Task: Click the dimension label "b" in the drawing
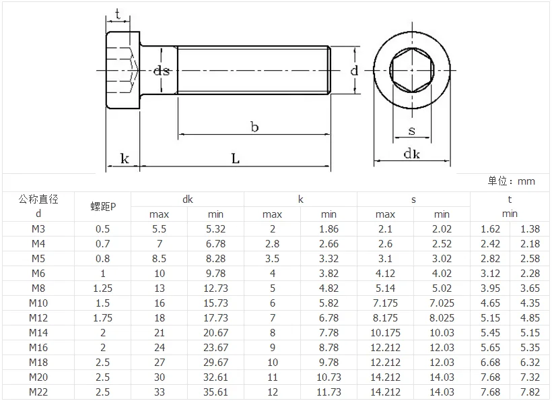254,127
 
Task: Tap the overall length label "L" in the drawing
236,158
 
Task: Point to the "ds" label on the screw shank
161,70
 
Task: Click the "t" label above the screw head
118,13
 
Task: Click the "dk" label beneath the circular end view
411,154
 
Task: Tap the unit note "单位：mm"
512,181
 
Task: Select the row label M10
39,303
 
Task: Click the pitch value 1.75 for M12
102,318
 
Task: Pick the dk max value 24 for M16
159,348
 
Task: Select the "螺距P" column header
102,206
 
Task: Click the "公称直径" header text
39,199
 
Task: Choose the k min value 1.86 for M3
329,229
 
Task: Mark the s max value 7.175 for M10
385,303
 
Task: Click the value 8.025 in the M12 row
442,318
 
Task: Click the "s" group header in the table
413,199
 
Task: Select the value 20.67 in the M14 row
215,333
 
